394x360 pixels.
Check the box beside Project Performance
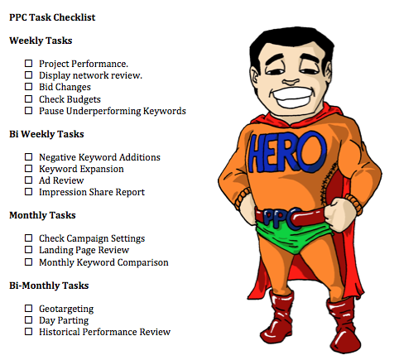point(28,64)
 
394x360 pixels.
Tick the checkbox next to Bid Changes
point(28,87)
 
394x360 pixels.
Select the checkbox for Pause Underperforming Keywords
point(28,111)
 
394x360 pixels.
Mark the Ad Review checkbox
point(28,180)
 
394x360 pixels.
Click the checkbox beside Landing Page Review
point(28,250)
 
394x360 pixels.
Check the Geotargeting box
point(28,308)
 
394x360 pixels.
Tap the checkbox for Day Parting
point(28,320)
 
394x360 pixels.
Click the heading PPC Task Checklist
point(52,17)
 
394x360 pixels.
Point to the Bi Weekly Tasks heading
point(46,134)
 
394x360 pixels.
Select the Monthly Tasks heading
point(42,215)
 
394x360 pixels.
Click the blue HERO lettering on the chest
point(287,151)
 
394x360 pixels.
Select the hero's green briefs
point(292,237)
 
